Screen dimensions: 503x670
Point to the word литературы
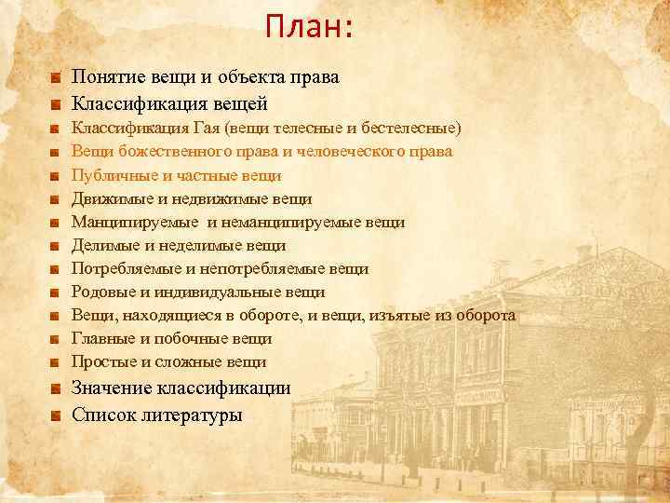point(193,415)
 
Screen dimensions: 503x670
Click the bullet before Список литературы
point(57,415)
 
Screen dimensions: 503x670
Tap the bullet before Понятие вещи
point(57,78)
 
